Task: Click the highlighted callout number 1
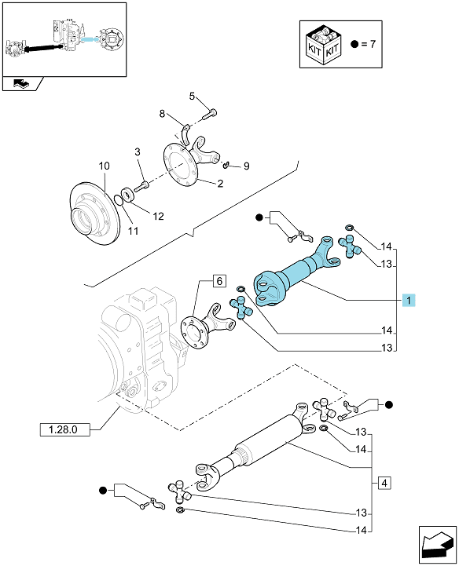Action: pyautogui.click(x=409, y=300)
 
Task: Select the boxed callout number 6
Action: pyautogui.click(x=219, y=281)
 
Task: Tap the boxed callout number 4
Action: pyautogui.click(x=384, y=483)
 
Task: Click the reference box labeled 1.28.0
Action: pyautogui.click(x=64, y=429)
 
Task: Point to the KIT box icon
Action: pyautogui.click(x=323, y=44)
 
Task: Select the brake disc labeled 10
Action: pyautogui.click(x=94, y=213)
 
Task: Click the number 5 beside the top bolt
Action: pyautogui.click(x=192, y=96)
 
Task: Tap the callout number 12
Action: pyautogui.click(x=158, y=216)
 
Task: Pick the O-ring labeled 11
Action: pyautogui.click(x=118, y=199)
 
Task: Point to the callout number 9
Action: pyautogui.click(x=247, y=166)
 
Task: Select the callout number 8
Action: pyautogui.click(x=162, y=114)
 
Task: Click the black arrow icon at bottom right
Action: pyautogui.click(x=438, y=545)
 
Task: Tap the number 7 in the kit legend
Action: pyautogui.click(x=373, y=44)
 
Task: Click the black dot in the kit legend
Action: pyautogui.click(x=354, y=44)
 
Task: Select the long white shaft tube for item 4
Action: pyautogui.click(x=270, y=439)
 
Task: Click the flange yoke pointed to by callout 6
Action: pyautogui.click(x=207, y=326)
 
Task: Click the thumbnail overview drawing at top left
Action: pyautogui.click(x=64, y=40)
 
